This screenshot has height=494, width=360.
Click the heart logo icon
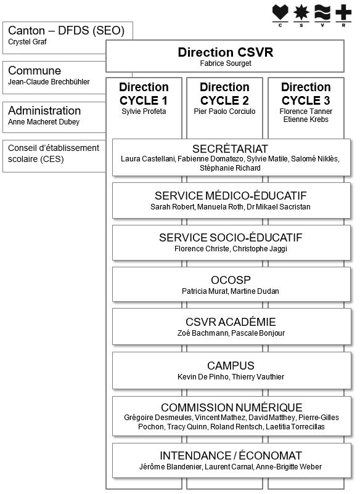(280, 12)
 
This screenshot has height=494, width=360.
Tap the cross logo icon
(343, 12)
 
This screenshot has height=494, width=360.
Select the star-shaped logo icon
(301, 12)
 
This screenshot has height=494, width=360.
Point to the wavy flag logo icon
(322, 12)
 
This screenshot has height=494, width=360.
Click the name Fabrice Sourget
(226, 63)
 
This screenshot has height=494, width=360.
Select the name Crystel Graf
(27, 42)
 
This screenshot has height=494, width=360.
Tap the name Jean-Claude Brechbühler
(49, 82)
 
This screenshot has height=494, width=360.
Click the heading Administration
(44, 111)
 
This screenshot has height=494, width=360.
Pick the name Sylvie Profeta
(144, 111)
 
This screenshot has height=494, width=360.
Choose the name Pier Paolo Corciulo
(224, 111)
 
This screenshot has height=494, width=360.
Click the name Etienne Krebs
(306, 119)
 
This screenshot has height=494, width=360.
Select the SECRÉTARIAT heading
(230, 148)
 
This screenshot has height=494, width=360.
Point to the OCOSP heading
(231, 280)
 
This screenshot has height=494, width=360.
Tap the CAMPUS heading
(231, 365)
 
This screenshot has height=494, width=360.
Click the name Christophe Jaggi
(260, 249)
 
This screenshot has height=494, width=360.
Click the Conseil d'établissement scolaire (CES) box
(54, 156)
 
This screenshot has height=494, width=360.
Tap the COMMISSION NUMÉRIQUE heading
(232, 407)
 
